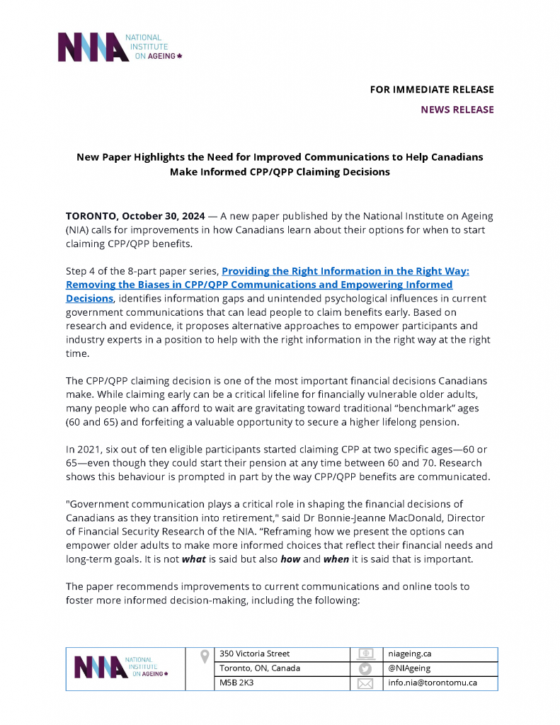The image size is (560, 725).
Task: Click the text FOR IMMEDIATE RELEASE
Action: point(432,90)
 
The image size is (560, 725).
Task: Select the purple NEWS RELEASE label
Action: point(457,110)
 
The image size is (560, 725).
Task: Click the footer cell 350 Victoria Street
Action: point(254,653)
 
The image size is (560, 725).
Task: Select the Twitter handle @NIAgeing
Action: point(409,668)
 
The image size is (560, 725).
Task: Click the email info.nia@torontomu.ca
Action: point(433,683)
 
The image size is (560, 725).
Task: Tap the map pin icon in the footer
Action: point(205,656)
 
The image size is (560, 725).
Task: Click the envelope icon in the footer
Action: point(365,684)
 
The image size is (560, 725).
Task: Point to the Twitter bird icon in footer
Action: point(365,669)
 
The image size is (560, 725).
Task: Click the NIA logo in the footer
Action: point(121,668)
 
